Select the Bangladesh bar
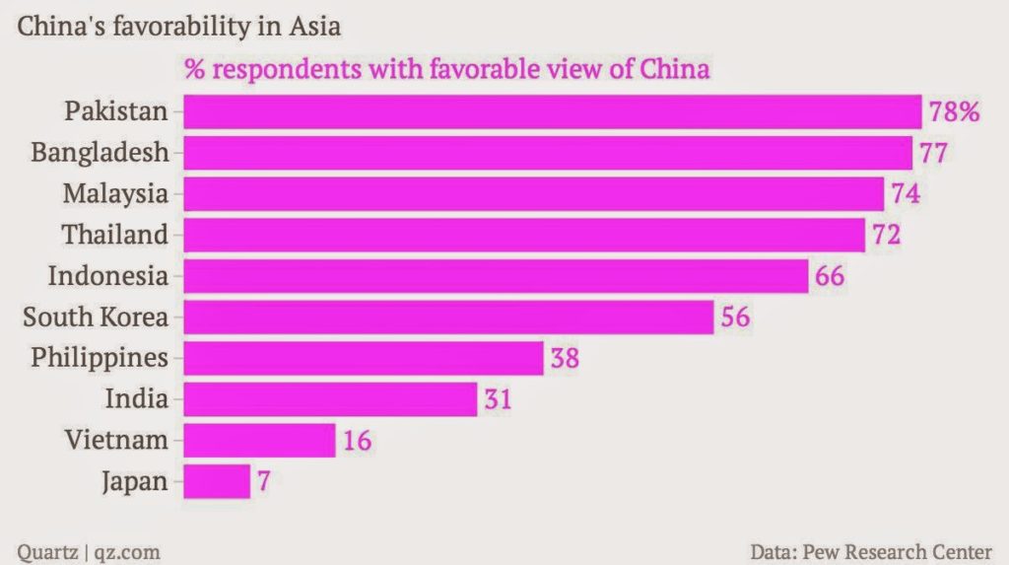click(x=547, y=153)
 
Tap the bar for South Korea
click(x=448, y=317)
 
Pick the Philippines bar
click(x=363, y=358)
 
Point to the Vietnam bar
click(x=259, y=440)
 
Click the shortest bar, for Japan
click(x=217, y=481)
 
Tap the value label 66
click(x=830, y=276)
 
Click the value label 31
click(x=498, y=399)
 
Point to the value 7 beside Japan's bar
click(x=263, y=482)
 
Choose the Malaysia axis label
click(x=115, y=193)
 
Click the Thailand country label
click(x=115, y=235)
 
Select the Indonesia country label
click(x=108, y=276)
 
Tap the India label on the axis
click(x=137, y=399)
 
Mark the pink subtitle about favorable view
click(x=447, y=71)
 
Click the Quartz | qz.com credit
click(x=89, y=550)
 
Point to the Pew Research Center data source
click(x=871, y=550)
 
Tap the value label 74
click(x=905, y=193)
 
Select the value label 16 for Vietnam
click(x=357, y=441)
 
